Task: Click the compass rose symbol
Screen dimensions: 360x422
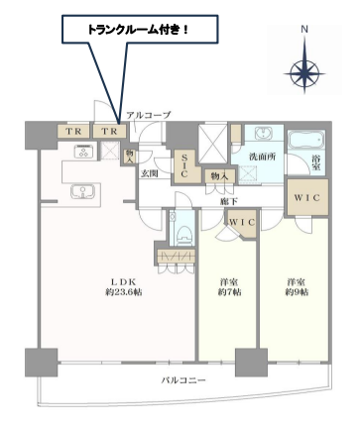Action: (x=304, y=73)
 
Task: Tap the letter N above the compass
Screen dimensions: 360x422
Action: (x=304, y=30)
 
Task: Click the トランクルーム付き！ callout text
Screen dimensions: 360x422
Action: (x=138, y=31)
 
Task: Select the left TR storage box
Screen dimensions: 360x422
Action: (x=73, y=132)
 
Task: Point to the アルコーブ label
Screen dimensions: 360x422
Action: (x=149, y=115)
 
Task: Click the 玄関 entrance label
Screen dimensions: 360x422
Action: (x=150, y=173)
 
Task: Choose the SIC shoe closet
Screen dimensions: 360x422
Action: (x=185, y=166)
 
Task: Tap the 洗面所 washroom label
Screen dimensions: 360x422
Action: (x=262, y=157)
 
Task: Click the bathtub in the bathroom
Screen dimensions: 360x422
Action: (x=306, y=140)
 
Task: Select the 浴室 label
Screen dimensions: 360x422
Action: (x=316, y=162)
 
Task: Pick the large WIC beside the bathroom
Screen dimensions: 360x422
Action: (x=307, y=197)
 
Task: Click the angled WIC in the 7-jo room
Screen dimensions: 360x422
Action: (x=243, y=224)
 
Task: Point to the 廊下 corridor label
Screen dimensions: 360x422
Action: (x=229, y=201)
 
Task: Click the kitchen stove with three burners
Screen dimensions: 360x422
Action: (x=84, y=152)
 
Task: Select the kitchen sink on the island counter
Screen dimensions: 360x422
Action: (x=82, y=192)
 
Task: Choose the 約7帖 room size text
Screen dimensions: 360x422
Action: (x=229, y=292)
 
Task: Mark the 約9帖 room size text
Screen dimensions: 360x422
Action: (x=297, y=292)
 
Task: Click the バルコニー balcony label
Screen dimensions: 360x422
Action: (x=183, y=380)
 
